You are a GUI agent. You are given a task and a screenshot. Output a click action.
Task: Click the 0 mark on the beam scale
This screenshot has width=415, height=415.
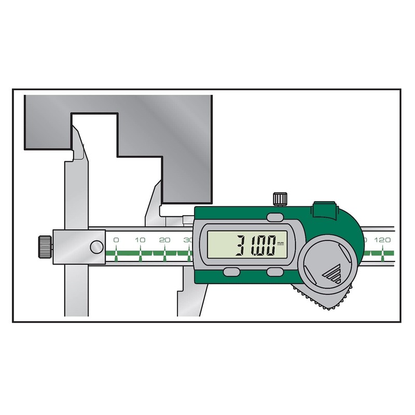116,240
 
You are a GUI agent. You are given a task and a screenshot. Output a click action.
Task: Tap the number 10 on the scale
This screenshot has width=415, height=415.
140,240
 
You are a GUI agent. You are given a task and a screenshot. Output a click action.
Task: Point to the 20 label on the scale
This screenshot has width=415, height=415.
164,240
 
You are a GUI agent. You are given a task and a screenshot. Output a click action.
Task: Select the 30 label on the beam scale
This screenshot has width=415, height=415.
188,240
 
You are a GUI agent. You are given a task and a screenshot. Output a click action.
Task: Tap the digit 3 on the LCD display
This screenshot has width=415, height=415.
242,245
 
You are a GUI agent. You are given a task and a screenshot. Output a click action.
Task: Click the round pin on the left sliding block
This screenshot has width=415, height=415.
96,247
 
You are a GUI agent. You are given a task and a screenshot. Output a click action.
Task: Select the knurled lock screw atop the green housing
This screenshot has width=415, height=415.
279,198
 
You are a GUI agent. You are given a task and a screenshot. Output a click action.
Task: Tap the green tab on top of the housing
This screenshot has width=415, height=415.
322,210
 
